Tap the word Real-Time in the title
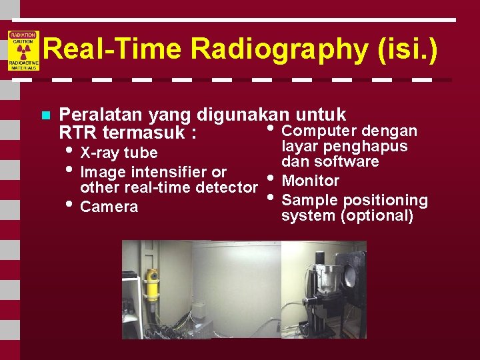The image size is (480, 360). click(x=113, y=50)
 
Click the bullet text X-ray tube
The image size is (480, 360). click(x=119, y=153)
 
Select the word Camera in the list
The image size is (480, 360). click(x=109, y=207)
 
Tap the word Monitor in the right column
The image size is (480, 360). click(x=311, y=181)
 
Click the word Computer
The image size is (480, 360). click(x=320, y=131)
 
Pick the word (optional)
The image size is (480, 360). click(x=380, y=216)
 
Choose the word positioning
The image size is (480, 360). click(x=386, y=200)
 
